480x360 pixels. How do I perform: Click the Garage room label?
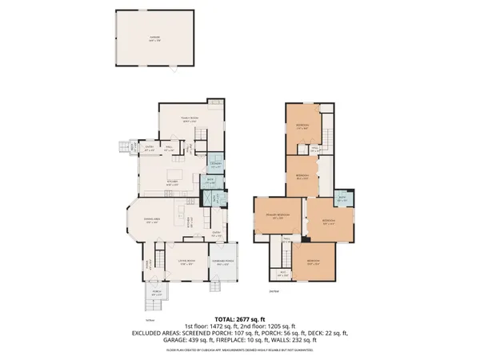coord(154,37)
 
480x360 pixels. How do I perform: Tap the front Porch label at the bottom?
coord(158,293)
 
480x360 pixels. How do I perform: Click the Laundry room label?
coord(214,164)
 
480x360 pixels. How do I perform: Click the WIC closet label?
coord(283,274)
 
